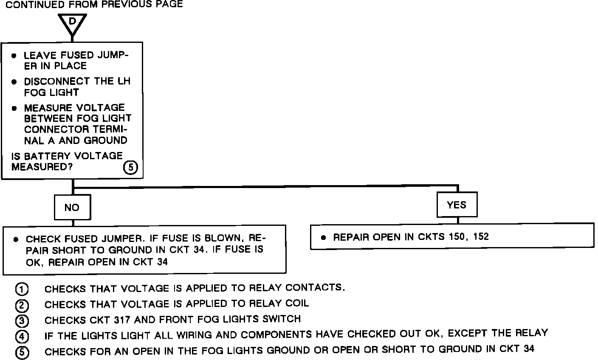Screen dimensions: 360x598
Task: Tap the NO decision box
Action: click(72, 207)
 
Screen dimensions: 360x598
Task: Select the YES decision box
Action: click(457, 205)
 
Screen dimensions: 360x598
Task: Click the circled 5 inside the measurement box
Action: click(130, 168)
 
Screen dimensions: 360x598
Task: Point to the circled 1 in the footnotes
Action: click(22, 289)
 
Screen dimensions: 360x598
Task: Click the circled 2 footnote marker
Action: click(22, 305)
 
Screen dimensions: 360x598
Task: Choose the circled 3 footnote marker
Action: click(22, 321)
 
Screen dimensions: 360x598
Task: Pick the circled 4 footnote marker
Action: click(22, 337)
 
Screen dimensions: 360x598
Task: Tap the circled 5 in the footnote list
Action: click(22, 352)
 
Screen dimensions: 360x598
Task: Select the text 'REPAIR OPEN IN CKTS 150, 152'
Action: click(411, 237)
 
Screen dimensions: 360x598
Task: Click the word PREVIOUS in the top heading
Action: click(121, 4)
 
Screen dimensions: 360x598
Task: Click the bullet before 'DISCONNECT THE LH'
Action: click(14, 82)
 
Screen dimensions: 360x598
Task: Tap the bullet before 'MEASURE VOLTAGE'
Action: click(14, 108)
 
